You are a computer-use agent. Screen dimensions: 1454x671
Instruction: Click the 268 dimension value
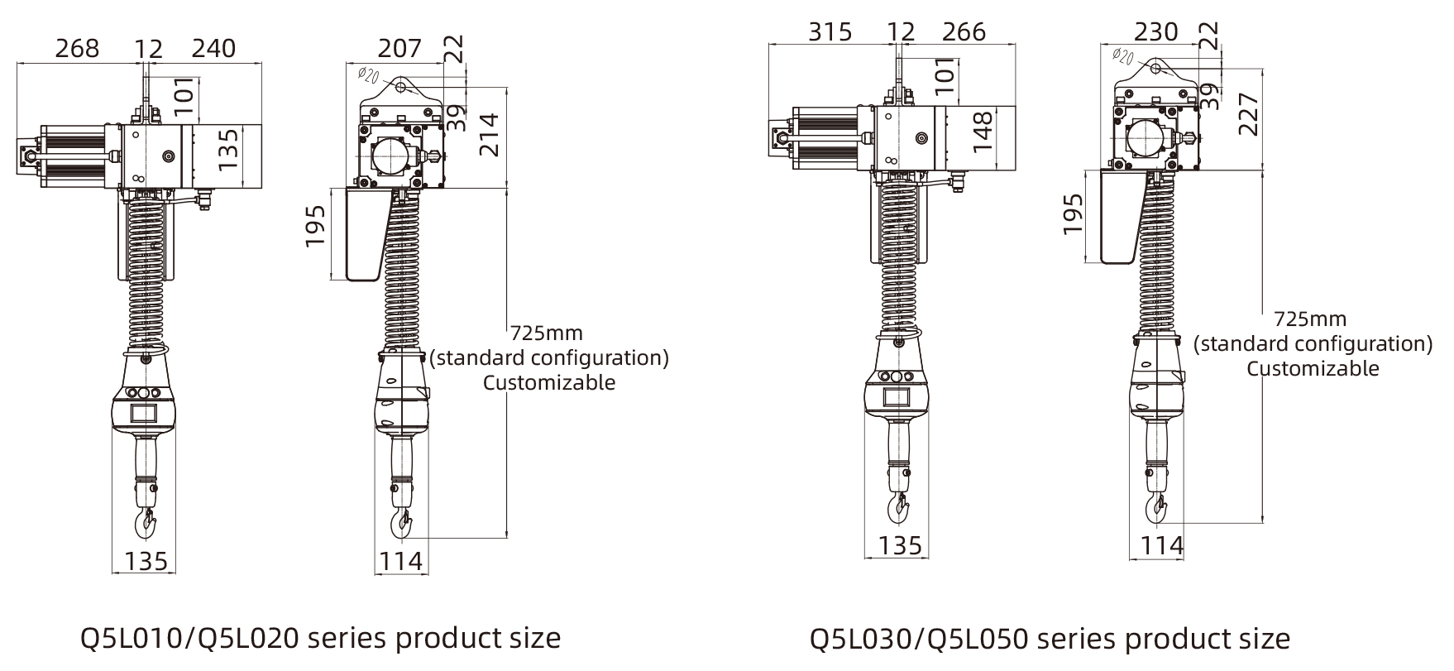coord(77,48)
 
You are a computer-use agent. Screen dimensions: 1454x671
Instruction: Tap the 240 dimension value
coord(213,48)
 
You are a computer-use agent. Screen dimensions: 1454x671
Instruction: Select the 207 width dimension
coord(399,48)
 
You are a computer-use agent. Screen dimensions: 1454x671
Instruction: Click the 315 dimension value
coord(830,31)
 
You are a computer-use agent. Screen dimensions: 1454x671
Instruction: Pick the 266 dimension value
coord(964,31)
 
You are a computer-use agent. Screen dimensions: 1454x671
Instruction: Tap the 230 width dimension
coord(1155,31)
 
